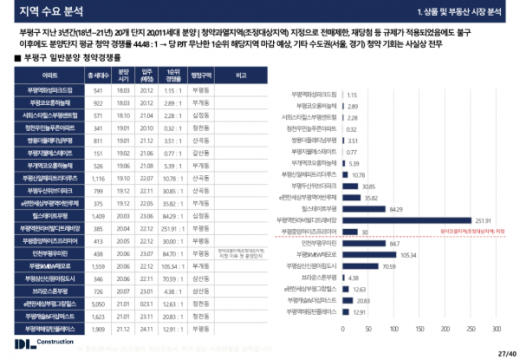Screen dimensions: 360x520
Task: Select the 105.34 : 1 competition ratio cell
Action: tap(172, 266)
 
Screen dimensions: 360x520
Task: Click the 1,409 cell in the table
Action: tap(99, 214)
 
